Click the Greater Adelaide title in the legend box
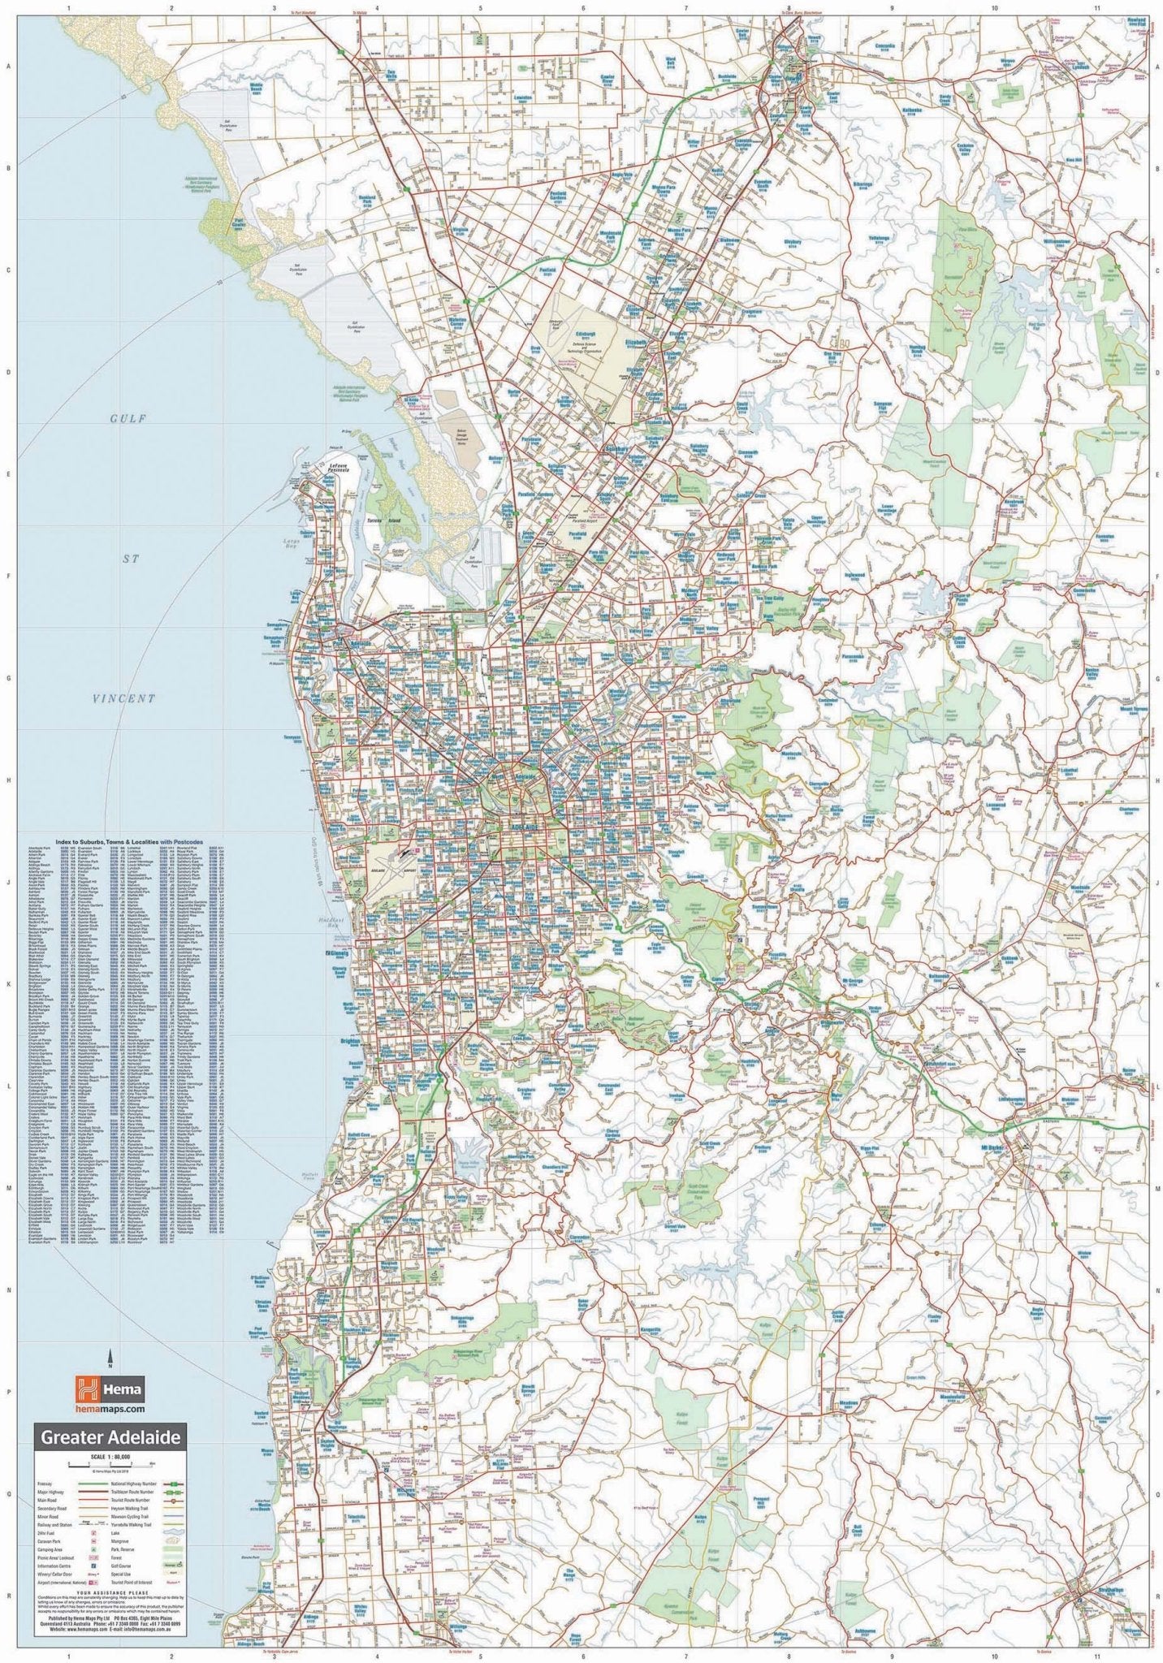click(112, 1437)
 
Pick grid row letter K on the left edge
click(8, 984)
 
